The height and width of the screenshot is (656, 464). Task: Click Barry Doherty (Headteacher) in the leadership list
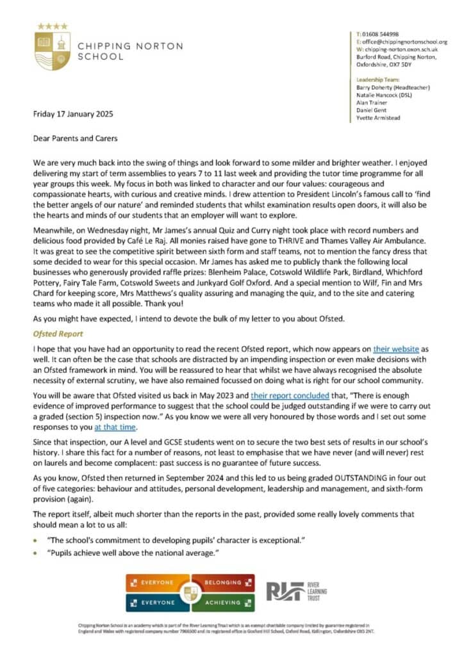[392, 86]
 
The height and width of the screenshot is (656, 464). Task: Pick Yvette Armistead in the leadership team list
[383, 117]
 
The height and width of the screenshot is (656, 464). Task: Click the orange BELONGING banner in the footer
[221, 582]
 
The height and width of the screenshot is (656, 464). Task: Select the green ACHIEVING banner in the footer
[221, 602]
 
